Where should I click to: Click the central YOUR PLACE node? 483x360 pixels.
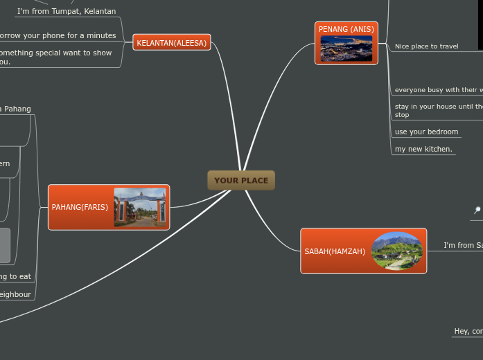241,181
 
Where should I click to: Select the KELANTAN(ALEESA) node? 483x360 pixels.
171,43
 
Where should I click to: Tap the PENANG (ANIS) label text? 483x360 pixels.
346,29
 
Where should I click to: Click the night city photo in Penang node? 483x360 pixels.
346,48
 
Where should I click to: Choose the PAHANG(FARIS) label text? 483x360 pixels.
80,207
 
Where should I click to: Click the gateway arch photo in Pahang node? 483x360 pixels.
140,208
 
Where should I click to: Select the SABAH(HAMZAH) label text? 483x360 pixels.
335,251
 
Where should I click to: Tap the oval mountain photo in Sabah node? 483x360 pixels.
397,251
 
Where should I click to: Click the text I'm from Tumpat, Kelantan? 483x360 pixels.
67,11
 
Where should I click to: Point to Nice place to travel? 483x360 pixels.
426,46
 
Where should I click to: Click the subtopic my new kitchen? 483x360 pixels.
423,149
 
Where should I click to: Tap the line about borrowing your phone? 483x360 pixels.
57,35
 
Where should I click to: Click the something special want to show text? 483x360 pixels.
55,53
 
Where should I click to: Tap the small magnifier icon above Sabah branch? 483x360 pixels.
477,210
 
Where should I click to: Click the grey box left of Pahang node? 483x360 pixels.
5,246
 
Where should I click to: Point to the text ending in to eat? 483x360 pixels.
15,276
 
